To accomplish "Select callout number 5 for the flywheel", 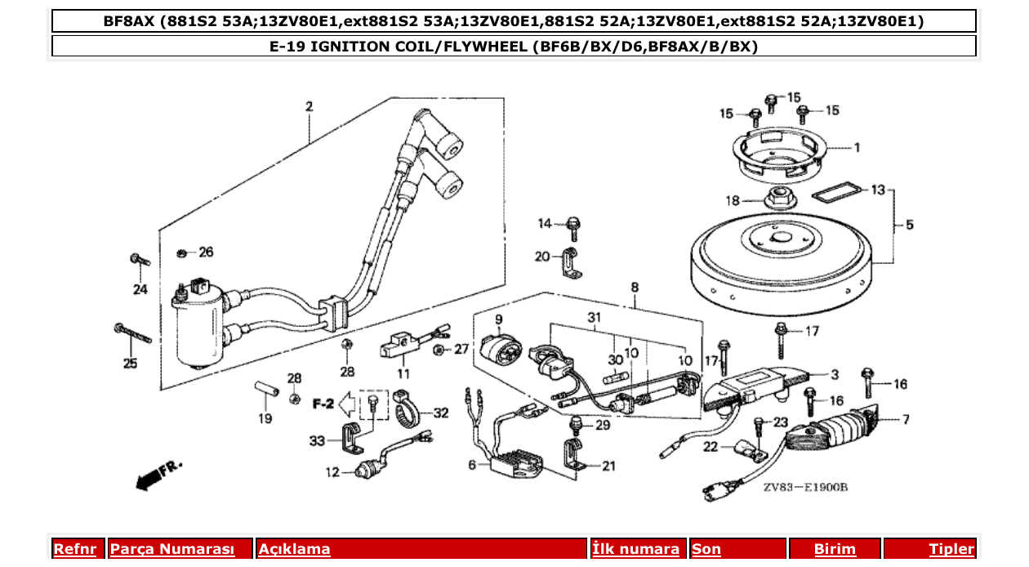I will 909,225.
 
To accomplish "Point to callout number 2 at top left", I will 310,107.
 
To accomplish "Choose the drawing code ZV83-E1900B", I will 805,488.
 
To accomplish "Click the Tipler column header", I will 951,550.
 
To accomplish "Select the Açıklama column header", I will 295,550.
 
